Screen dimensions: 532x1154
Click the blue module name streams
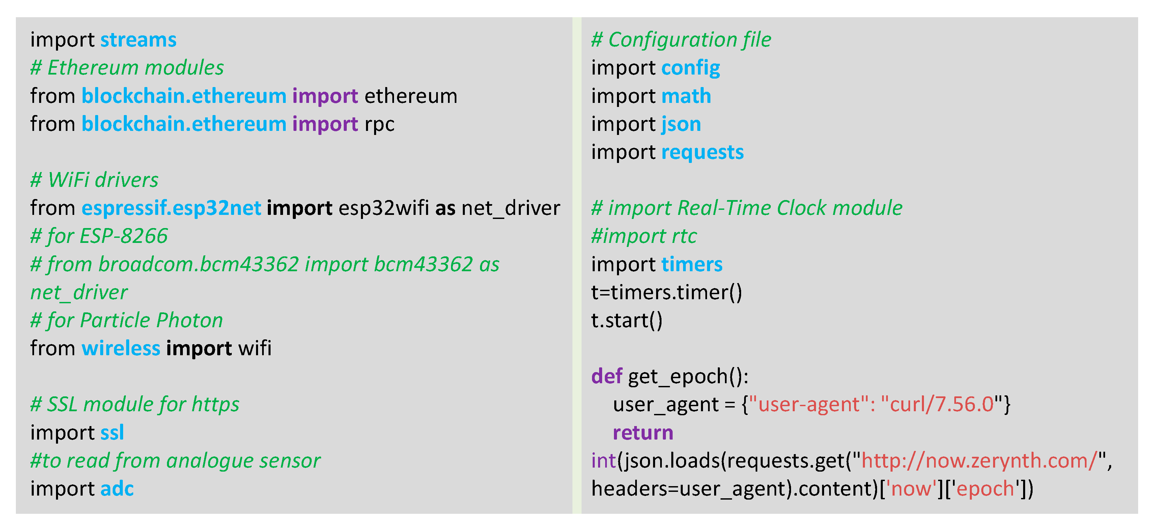tap(138, 40)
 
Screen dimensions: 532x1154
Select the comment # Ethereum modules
tap(127, 68)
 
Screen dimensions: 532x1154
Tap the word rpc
tap(379, 124)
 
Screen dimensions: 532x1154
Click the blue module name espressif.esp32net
tap(171, 208)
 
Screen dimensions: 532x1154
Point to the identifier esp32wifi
tap(384, 208)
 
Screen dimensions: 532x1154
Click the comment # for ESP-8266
tap(99, 236)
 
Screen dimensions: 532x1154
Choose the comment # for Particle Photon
tap(127, 320)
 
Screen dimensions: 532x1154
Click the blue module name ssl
tap(112, 432)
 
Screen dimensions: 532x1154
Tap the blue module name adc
tap(117, 488)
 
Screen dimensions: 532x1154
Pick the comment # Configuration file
tap(681, 40)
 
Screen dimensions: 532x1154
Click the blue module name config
tap(690, 68)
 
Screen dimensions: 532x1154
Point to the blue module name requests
tap(702, 152)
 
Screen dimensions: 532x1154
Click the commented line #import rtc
tap(644, 236)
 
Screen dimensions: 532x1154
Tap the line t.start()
tap(626, 320)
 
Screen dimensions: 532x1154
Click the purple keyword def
tap(607, 376)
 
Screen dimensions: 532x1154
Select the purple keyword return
tap(643, 432)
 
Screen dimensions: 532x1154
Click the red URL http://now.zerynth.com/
tap(979, 461)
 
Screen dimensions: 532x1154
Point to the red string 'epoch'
tap(985, 488)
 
